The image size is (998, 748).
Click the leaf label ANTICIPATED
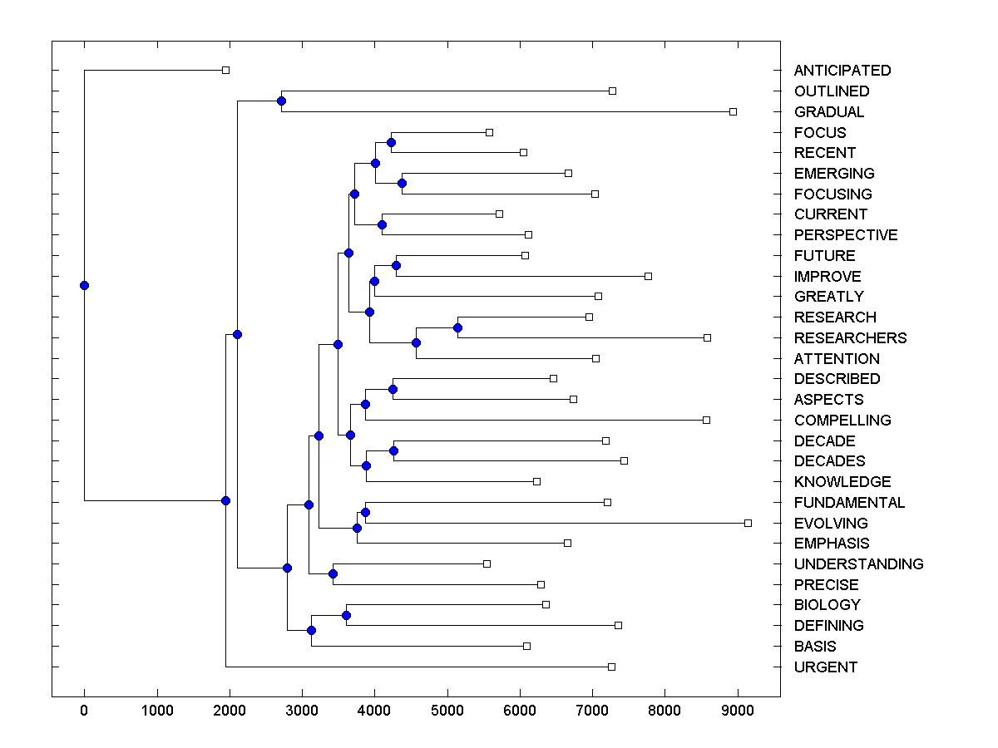(842, 71)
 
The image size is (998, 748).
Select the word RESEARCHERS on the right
(850, 338)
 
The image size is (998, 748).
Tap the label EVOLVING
(830, 524)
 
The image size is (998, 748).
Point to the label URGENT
(825, 667)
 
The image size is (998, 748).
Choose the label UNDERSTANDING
(858, 564)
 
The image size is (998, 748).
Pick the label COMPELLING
(842, 421)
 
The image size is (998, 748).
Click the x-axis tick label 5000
(447, 709)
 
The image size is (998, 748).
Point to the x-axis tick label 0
(84, 709)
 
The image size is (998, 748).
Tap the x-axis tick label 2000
(229, 709)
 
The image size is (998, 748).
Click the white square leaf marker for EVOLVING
(748, 523)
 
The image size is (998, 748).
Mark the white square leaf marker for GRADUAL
(733, 111)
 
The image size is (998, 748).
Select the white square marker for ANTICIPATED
(225, 71)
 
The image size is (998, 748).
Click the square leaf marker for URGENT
(611, 667)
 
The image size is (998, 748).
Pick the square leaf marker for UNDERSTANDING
(487, 563)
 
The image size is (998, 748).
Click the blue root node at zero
(84, 285)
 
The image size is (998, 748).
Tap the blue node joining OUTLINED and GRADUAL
(281, 101)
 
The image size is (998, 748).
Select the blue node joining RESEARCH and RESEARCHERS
(457, 327)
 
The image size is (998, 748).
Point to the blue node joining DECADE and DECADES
(394, 450)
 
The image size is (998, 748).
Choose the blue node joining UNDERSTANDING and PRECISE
(333, 573)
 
